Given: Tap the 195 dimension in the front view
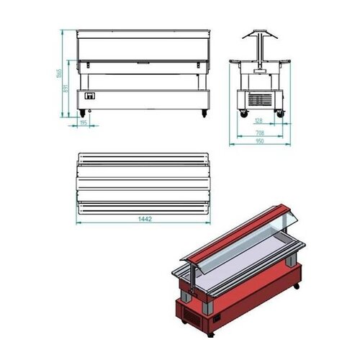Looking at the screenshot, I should [x=84, y=123].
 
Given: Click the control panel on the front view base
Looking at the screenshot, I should [x=91, y=96].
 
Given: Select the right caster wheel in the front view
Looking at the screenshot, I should [x=204, y=113].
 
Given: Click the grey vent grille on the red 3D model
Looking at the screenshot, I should [x=192, y=315].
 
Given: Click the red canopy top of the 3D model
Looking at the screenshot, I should [x=230, y=227].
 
